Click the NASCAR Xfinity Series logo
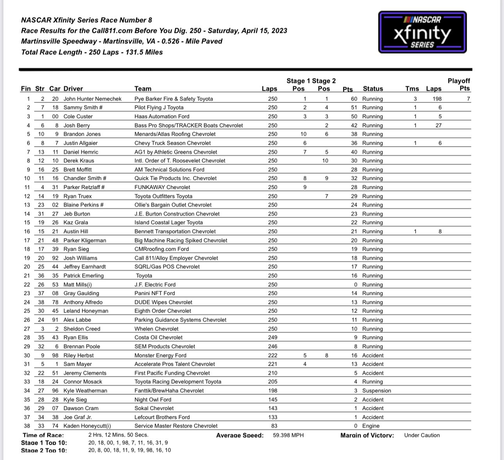click(422, 32)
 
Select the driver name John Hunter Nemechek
click(93, 99)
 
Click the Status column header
click(373, 89)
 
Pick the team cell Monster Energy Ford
click(160, 356)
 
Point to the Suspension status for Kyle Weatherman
click(376, 391)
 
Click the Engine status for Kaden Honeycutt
click(371, 426)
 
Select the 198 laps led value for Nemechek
click(437, 99)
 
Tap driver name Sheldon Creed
click(82, 329)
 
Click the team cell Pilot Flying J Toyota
click(159, 108)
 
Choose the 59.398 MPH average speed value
click(288, 435)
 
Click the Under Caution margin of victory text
click(422, 435)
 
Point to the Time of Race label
click(43, 435)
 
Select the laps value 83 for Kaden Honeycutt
click(273, 426)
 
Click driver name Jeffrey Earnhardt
click(84, 267)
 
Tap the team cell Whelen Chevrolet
click(156, 329)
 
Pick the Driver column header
click(73, 89)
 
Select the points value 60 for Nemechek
click(354, 99)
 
